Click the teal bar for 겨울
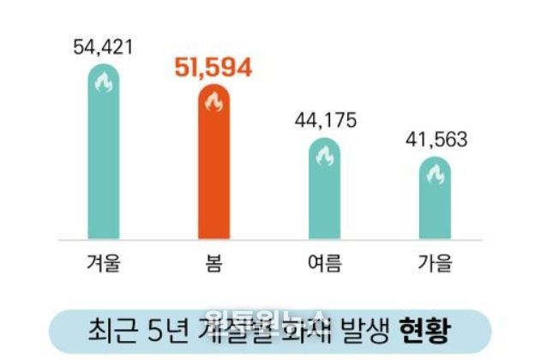click(104, 163)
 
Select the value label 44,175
click(324, 119)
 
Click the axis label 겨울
click(104, 261)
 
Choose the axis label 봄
click(213, 261)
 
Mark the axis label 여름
click(324, 261)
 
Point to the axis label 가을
click(434, 261)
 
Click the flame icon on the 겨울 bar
click(104, 84)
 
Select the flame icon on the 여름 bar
click(324, 156)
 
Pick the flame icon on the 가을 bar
click(434, 175)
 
